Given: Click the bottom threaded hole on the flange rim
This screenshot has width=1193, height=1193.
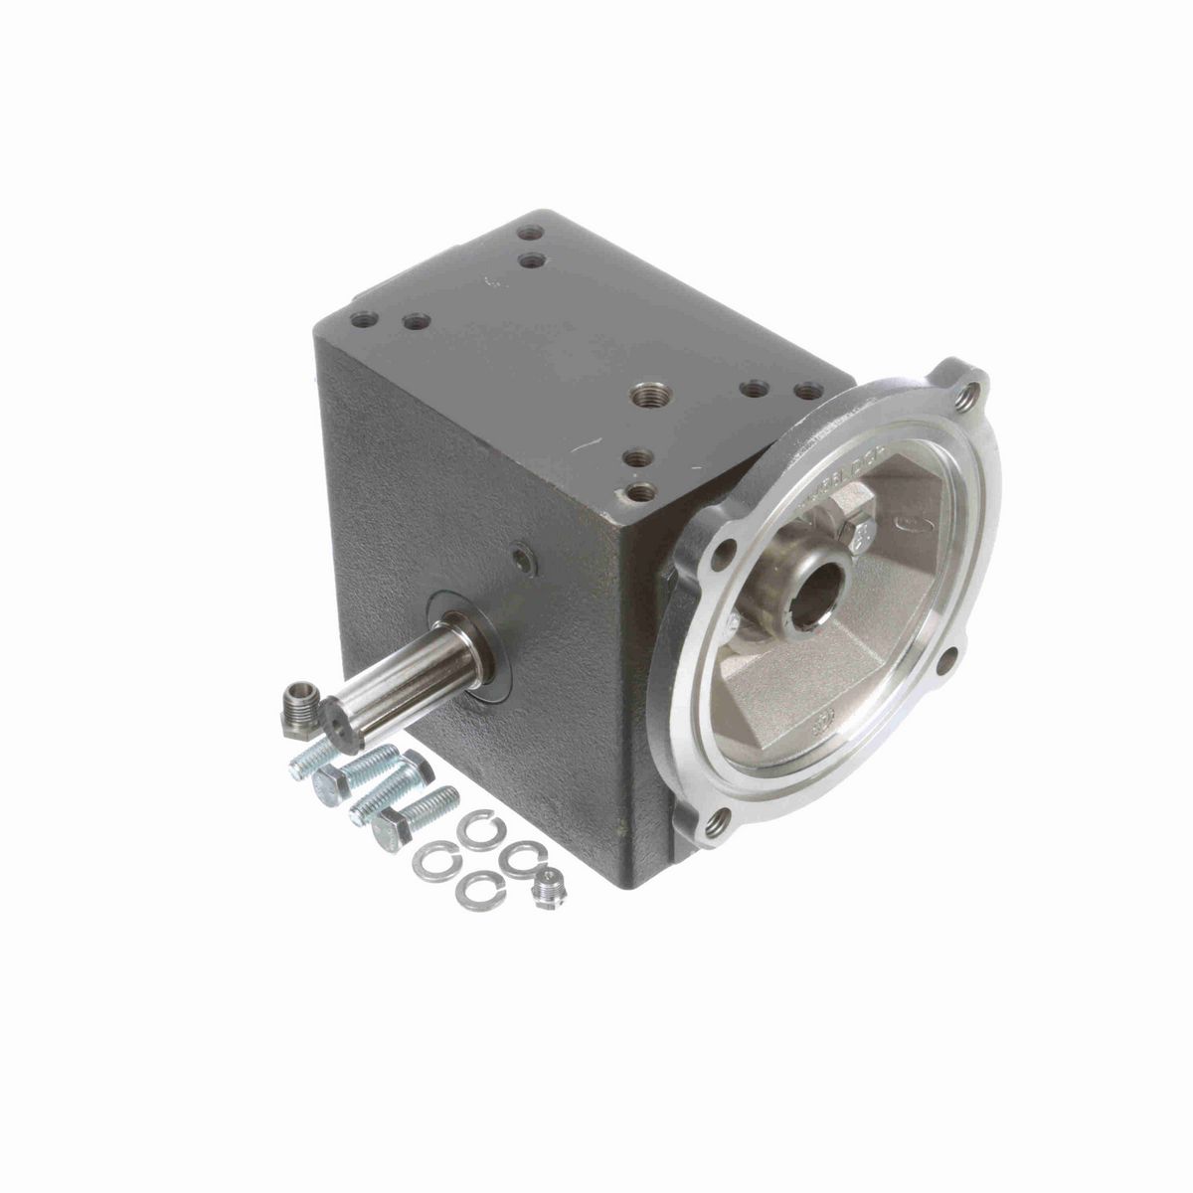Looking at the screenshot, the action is coord(715,821).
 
